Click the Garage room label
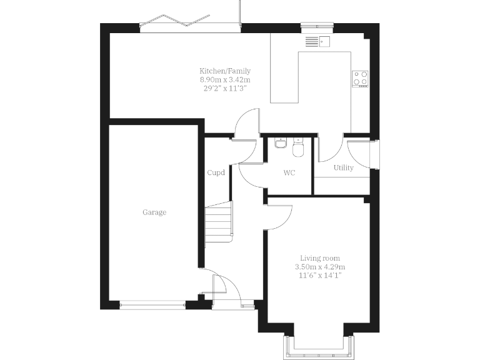[154, 212]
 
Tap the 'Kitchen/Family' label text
[224, 71]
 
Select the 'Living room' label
[320, 258]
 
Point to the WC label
[289, 172]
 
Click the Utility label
[343, 167]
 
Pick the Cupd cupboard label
[216, 173]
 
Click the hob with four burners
[361, 78]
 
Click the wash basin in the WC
[281, 144]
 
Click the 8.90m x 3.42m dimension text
[224, 79]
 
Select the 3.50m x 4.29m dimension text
[320, 267]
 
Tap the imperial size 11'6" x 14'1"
[320, 275]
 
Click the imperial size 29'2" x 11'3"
[224, 88]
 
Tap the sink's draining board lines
[311, 42]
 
